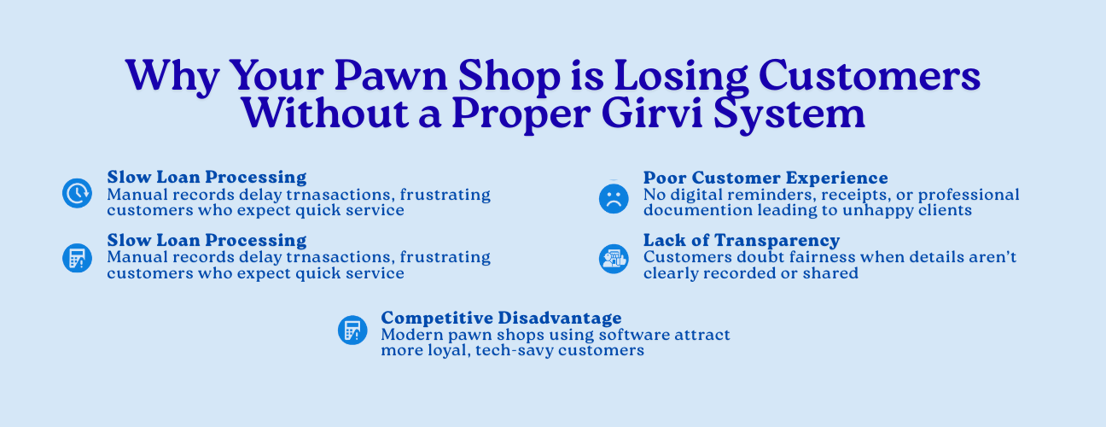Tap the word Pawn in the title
coord(391,76)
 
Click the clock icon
coord(77,193)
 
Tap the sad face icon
coord(614,199)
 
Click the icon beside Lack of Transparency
coord(614,259)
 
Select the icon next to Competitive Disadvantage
coord(352,330)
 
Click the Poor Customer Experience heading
coord(765,178)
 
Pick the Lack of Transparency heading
coord(741,240)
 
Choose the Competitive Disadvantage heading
coord(501,318)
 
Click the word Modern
coord(412,335)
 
